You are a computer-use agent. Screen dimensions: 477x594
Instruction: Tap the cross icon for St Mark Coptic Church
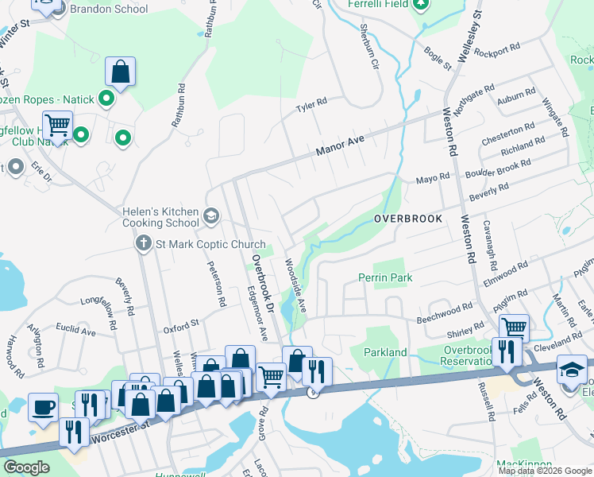click(143, 242)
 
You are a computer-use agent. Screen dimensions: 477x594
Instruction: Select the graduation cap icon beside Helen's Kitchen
click(211, 215)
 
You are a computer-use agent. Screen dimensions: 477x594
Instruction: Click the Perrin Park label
click(385, 278)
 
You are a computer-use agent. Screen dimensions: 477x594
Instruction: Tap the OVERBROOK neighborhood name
click(407, 219)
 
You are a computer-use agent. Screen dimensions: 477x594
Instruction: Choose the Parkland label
click(385, 352)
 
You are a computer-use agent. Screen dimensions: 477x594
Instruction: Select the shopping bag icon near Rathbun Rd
click(120, 72)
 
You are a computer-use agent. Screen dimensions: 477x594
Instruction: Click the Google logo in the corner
click(26, 467)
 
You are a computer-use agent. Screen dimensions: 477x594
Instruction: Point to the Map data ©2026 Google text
click(545, 471)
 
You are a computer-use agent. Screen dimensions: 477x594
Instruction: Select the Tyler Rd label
click(311, 103)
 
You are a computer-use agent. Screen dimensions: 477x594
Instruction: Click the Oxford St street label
click(180, 324)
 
